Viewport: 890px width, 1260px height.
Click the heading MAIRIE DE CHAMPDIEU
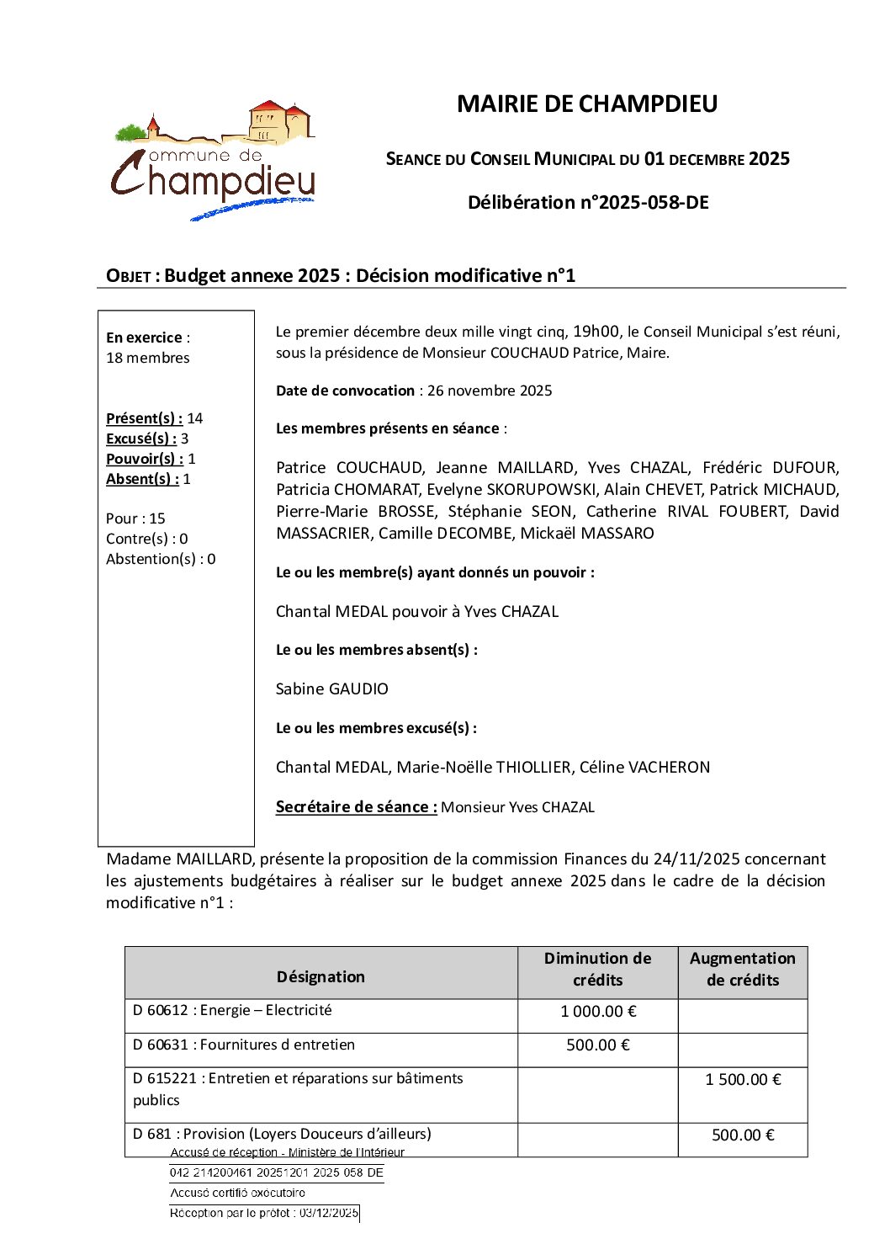(587, 104)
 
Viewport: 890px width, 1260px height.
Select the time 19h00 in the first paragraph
(596, 332)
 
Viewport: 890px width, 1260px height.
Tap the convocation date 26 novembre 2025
(490, 391)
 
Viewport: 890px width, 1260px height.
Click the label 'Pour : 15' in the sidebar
(135, 518)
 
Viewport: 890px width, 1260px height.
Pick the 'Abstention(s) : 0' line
(161, 559)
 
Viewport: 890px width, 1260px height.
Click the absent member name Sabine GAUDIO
(332, 689)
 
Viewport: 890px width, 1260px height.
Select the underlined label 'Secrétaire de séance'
(356, 807)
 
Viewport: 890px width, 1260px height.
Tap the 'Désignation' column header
(321, 976)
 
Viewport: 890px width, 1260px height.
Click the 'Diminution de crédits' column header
(597, 969)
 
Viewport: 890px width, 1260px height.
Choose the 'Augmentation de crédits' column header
(743, 969)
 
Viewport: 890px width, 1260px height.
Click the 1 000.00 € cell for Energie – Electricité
(598, 1012)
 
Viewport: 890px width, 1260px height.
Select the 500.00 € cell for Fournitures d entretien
(598, 1045)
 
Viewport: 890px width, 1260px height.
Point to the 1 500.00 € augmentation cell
(743, 1080)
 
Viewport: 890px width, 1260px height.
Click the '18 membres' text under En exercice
(148, 358)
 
